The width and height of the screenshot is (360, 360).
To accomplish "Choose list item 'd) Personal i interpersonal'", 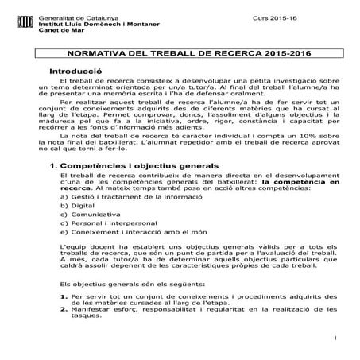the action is coord(99,224).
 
